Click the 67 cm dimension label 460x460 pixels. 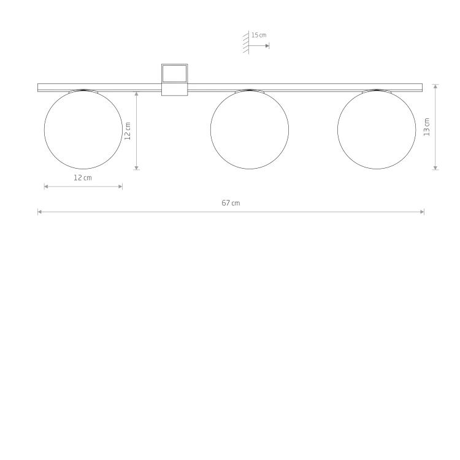[x=231, y=203]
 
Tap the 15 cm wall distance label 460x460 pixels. [x=259, y=35]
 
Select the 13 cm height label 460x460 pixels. [x=426, y=127]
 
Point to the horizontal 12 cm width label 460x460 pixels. [x=82, y=178]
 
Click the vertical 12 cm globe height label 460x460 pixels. [x=128, y=131]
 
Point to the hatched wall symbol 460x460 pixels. [x=246, y=42]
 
